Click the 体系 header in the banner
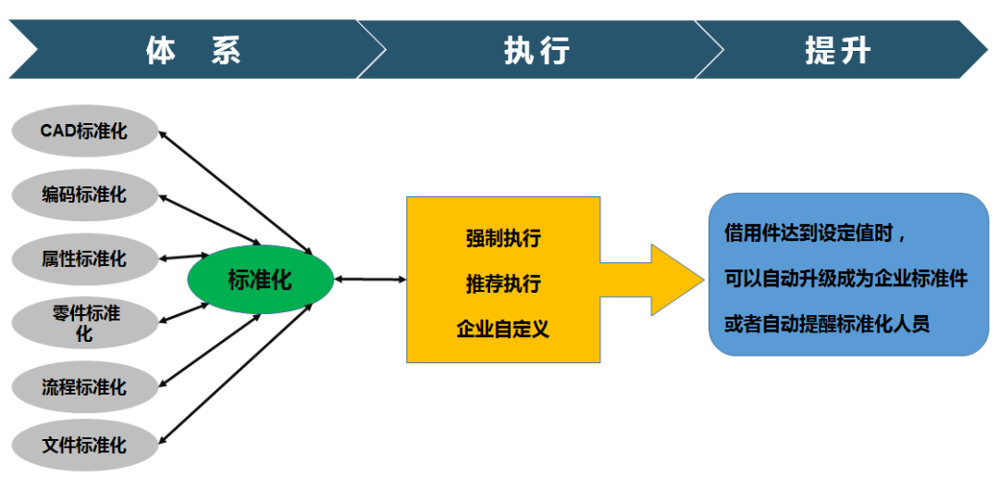[x=193, y=50]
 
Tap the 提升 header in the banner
[x=837, y=50]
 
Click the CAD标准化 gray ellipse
[x=84, y=131]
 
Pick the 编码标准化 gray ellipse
[x=84, y=195]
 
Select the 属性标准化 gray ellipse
[x=84, y=258]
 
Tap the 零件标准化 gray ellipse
[x=84, y=323]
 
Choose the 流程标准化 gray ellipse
[x=84, y=386]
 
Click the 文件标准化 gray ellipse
[x=84, y=445]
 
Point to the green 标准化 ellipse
[x=260, y=280]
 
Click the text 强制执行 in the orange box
[x=503, y=239]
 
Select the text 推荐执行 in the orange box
[x=503, y=284]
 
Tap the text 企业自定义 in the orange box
[x=503, y=329]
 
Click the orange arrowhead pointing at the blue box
[x=675, y=280]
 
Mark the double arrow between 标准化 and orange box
[x=370, y=280]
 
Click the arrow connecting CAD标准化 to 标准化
[x=235, y=193]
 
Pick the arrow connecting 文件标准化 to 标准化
[x=235, y=373]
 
